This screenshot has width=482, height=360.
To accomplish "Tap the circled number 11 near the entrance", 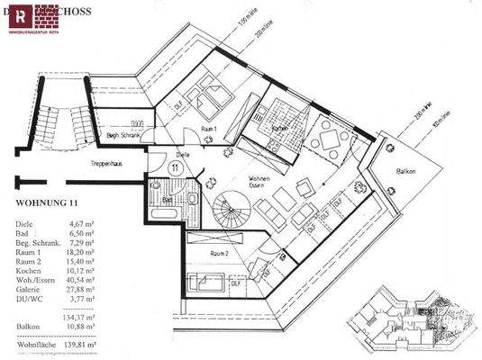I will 174,166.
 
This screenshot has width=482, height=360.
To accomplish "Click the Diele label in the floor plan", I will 183,153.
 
